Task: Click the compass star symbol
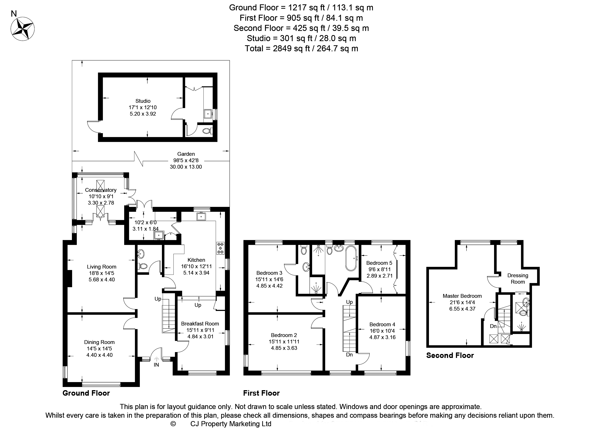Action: [23, 29]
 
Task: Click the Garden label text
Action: [186, 154]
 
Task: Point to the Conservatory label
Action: [101, 190]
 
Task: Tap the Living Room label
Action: [102, 267]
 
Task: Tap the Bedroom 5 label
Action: [379, 263]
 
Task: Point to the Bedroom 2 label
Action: [284, 335]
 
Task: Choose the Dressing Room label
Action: [518, 279]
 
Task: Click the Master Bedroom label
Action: [462, 296]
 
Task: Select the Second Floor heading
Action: [450, 355]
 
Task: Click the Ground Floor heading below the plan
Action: [86, 393]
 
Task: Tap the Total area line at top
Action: [301, 48]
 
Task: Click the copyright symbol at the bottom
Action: [173, 424]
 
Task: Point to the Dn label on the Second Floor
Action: [493, 326]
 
